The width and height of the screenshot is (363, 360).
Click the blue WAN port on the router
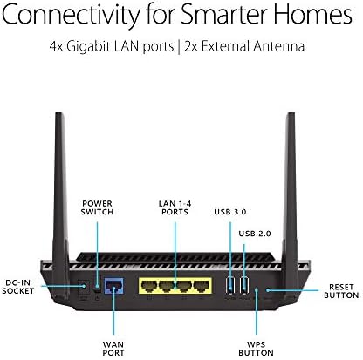coord(113,286)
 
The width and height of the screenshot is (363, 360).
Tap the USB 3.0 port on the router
coord(230,285)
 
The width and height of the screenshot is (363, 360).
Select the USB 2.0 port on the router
coord(244,285)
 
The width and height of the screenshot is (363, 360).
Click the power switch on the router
coord(98,288)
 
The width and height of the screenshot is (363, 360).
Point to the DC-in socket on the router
coord(84,287)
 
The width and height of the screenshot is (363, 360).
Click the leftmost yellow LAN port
coord(149,286)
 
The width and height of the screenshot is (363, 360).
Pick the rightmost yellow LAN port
coord(202,286)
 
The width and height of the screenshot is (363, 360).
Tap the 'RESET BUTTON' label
coord(341,291)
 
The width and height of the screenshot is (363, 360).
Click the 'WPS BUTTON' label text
coord(256,349)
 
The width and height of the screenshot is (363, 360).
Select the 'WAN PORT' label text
coord(113,349)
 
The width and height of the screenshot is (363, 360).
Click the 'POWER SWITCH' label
coord(97,207)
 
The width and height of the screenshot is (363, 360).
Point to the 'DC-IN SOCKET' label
coord(18,287)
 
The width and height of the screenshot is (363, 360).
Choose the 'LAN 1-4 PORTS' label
coord(175,207)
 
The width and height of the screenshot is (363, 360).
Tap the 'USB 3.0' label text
coord(230,212)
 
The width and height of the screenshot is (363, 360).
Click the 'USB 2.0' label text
coord(255,234)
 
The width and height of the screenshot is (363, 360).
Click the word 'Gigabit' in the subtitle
coord(89,46)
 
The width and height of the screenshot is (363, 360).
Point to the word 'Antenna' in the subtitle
coord(278,46)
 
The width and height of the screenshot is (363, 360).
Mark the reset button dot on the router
coord(268,290)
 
